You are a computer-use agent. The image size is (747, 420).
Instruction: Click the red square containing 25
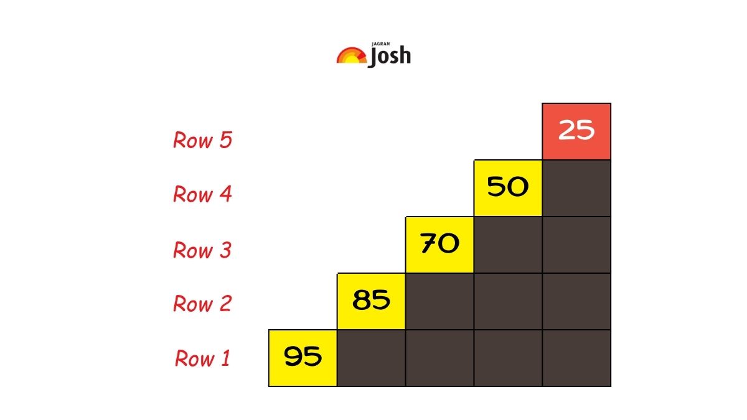(x=576, y=131)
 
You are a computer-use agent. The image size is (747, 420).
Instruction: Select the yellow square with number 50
(x=508, y=188)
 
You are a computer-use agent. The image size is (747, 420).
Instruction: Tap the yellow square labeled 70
(x=439, y=245)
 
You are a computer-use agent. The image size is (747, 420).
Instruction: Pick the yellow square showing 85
(x=371, y=301)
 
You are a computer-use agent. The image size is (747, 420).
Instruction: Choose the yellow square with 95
(x=303, y=358)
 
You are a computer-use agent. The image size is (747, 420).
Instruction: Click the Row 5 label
(x=202, y=140)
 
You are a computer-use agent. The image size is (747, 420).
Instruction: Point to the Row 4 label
(x=202, y=195)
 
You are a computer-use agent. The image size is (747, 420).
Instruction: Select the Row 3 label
(x=202, y=250)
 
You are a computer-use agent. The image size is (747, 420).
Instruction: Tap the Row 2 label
(x=202, y=304)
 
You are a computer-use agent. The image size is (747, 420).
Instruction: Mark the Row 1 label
(x=202, y=358)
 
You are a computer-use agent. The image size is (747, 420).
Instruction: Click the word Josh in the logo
(x=390, y=57)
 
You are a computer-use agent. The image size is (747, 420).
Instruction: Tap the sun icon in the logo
(x=351, y=55)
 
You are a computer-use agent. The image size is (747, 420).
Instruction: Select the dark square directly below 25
(x=576, y=188)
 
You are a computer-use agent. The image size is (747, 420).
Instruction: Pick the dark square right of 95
(x=371, y=358)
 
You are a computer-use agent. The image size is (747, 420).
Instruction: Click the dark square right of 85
(x=439, y=301)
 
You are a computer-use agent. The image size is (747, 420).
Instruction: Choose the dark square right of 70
(x=508, y=245)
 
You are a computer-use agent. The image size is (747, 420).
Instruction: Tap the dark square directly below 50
(x=508, y=245)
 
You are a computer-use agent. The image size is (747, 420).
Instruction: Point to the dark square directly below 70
(x=439, y=301)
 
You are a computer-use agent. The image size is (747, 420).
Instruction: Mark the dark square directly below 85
(x=371, y=358)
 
